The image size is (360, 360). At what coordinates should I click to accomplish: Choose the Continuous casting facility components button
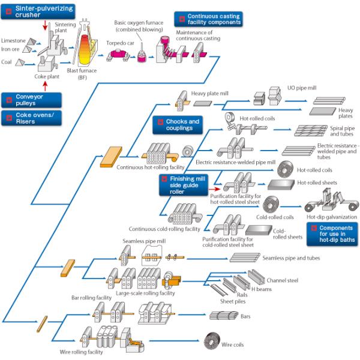209,19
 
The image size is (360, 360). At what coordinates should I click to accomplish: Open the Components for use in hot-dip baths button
332,234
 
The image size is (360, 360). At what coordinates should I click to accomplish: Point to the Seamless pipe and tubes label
290,258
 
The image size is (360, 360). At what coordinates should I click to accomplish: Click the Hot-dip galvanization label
331,217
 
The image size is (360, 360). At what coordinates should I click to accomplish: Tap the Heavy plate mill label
211,94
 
